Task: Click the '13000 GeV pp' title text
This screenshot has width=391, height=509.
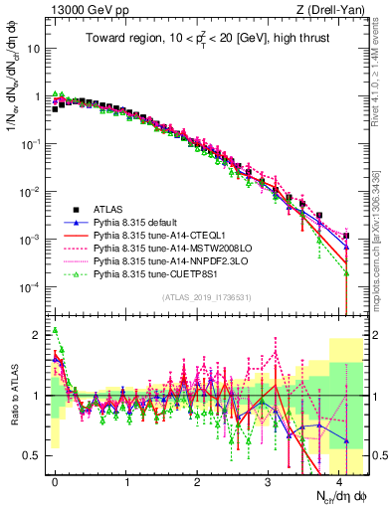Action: pyautogui.click(x=80, y=9)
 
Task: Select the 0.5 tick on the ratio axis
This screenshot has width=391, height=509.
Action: pyautogui.click(x=34, y=455)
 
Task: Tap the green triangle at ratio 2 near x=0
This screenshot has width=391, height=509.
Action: pyautogui.click(x=56, y=331)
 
